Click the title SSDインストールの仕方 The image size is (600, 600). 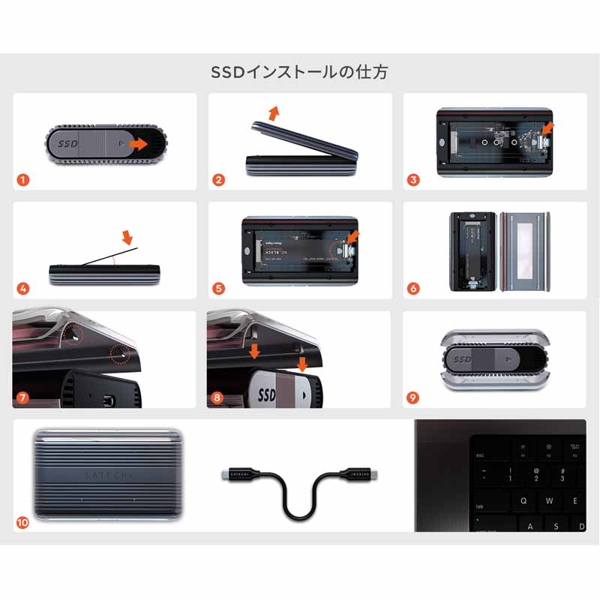point(300,73)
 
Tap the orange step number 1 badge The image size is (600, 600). point(23,180)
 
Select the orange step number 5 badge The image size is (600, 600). point(218,288)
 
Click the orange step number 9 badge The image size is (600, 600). point(413,397)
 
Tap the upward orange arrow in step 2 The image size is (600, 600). point(274,112)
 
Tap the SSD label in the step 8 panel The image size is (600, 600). point(267,394)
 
